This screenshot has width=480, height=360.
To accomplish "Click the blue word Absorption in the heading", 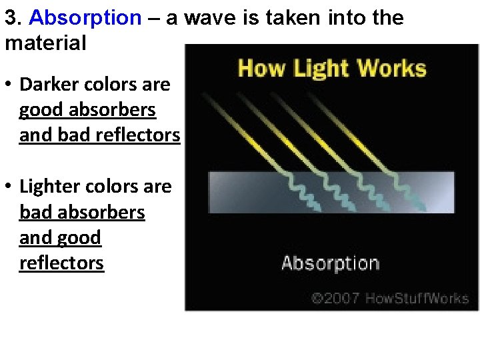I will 85,18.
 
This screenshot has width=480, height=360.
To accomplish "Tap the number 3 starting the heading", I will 10,18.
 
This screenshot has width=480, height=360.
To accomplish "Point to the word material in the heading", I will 45,43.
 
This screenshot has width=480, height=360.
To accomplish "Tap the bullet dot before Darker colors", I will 9,85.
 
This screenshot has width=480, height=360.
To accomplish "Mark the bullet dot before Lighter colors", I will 9,187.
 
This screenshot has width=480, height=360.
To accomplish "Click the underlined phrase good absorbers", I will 87,110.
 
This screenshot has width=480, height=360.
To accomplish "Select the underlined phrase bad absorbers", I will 82,212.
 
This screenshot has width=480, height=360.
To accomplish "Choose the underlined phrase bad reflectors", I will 119,135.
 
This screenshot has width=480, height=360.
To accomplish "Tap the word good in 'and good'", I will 78,237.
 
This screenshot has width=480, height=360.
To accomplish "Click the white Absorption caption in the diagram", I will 331,263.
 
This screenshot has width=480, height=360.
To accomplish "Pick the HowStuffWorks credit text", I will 415,298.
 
